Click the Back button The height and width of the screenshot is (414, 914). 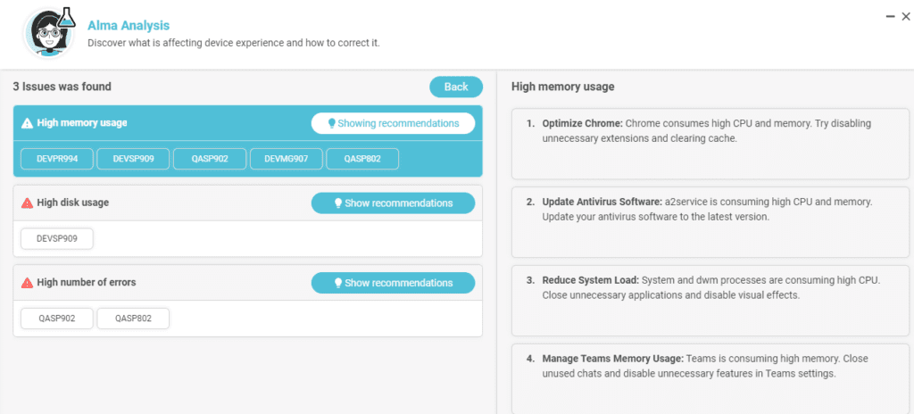pyautogui.click(x=456, y=87)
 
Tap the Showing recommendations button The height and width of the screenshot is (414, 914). pyautogui.click(x=393, y=124)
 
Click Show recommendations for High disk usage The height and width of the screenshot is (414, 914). pyautogui.click(x=393, y=203)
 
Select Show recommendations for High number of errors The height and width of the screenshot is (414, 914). pyautogui.click(x=393, y=283)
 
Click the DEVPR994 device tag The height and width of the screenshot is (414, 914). pyautogui.click(x=57, y=159)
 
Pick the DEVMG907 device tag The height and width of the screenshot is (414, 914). pyautogui.click(x=287, y=159)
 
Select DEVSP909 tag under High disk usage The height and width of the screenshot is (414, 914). pyautogui.click(x=57, y=238)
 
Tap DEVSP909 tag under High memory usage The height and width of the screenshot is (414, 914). pyautogui.click(x=134, y=159)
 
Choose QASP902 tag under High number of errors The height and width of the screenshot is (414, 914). pyautogui.click(x=57, y=319)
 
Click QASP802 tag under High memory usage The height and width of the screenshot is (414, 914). pyautogui.click(x=362, y=159)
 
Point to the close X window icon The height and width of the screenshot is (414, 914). pyautogui.click(x=905, y=16)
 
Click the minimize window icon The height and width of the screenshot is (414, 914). pyautogui.click(x=890, y=17)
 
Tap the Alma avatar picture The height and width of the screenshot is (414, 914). pyautogui.click(x=50, y=33)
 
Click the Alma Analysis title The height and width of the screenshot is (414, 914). pyautogui.click(x=129, y=25)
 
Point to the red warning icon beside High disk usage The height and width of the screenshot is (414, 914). pyautogui.click(x=27, y=203)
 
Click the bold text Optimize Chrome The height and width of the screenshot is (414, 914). pyautogui.click(x=583, y=124)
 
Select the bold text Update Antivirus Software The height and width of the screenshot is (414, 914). pyautogui.click(x=602, y=202)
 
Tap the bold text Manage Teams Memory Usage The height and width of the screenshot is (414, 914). pyautogui.click(x=613, y=358)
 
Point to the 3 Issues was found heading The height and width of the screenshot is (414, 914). pyautogui.click(x=62, y=87)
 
